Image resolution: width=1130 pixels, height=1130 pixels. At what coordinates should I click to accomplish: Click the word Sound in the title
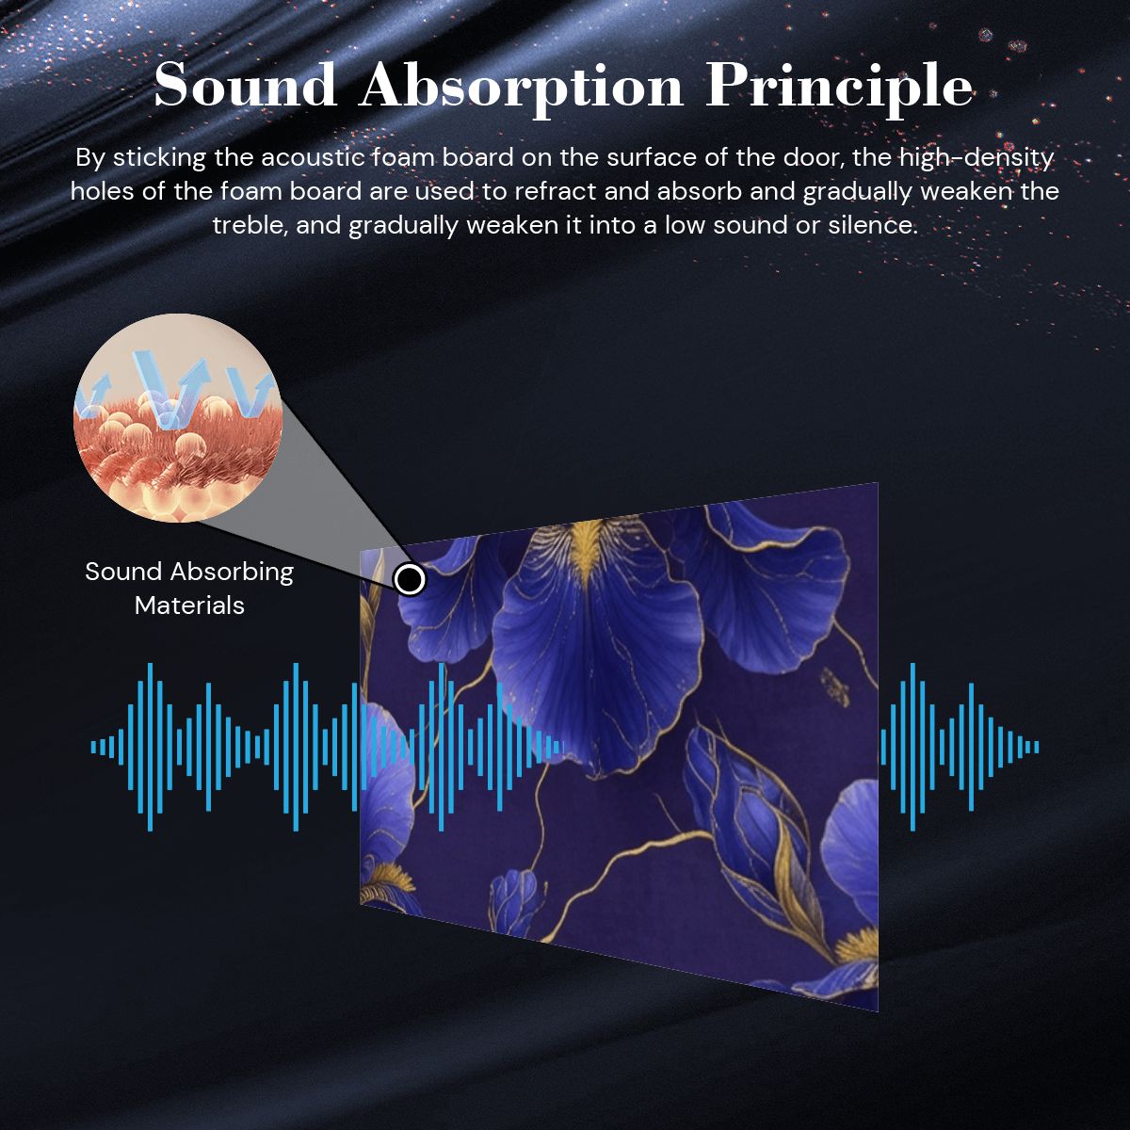point(245,87)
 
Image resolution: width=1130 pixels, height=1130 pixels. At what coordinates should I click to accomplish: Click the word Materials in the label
point(189,605)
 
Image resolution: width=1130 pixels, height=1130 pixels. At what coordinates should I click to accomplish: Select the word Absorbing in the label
point(231,573)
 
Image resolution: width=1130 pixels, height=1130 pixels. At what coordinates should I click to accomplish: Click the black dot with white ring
point(410,580)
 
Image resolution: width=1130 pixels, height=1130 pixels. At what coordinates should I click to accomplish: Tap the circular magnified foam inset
point(178,417)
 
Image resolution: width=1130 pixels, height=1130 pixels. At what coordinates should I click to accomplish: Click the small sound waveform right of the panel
point(960,747)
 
